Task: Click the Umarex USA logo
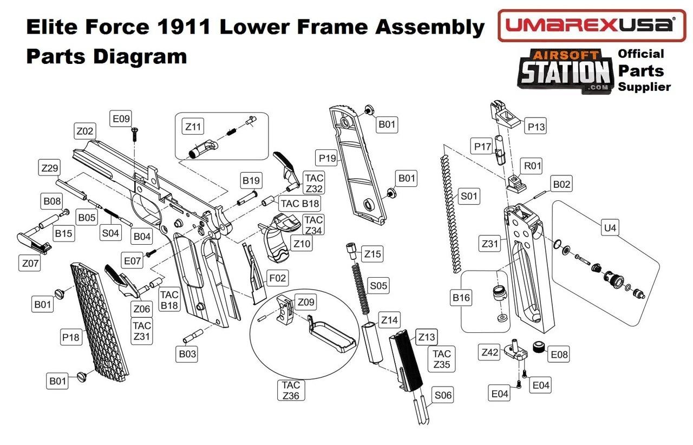591,25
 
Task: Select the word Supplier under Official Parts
644,87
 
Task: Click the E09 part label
121,119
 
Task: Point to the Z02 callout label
85,131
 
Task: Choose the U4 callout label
610,228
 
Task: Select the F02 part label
277,278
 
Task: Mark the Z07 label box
30,264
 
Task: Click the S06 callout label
442,395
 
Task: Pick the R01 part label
531,166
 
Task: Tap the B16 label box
461,297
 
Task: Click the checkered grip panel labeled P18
100,319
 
